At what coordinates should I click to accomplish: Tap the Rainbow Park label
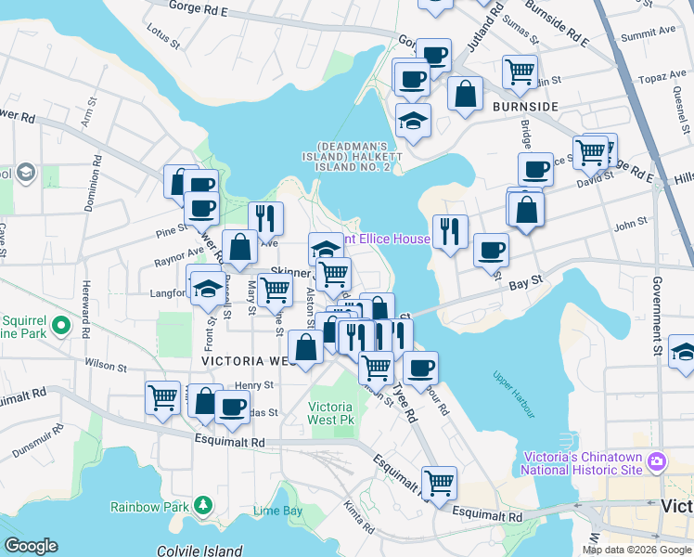[148, 506]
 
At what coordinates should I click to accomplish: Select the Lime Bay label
[277, 512]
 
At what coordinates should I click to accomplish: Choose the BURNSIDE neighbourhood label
[525, 108]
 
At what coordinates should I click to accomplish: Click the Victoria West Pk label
[330, 413]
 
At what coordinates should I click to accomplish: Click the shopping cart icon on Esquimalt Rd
[439, 482]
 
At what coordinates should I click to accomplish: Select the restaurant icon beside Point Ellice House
[450, 228]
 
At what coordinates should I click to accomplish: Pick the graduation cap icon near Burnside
[413, 120]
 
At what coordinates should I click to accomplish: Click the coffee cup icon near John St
[491, 248]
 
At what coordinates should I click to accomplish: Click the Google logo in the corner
[31, 546]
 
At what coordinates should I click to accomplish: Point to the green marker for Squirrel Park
[61, 326]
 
